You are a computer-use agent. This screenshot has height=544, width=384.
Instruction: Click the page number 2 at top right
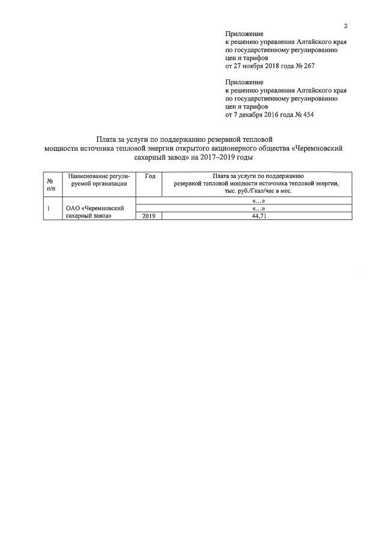click(346, 25)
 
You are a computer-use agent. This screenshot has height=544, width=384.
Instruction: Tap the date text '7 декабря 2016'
click(257, 114)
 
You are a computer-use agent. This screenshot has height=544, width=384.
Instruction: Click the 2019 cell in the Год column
click(150, 215)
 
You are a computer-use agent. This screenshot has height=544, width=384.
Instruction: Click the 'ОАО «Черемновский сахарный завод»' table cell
click(95, 212)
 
